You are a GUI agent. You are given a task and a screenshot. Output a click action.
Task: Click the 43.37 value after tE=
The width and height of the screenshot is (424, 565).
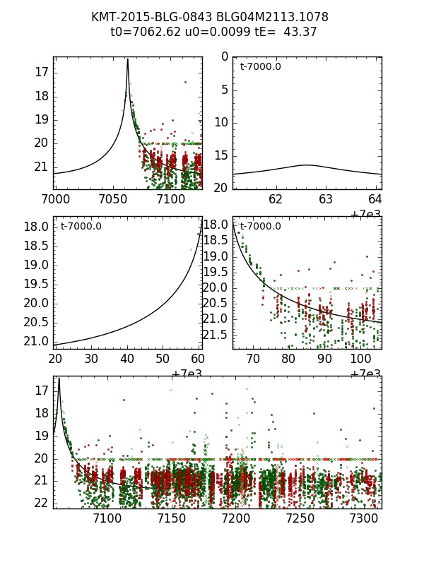click(x=300, y=32)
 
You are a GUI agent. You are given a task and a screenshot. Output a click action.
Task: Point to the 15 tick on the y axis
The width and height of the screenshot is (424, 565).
click(x=220, y=155)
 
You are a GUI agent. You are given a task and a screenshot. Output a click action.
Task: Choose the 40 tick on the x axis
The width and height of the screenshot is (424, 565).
click(x=127, y=359)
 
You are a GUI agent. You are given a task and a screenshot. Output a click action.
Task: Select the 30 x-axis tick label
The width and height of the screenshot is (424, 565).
click(x=91, y=359)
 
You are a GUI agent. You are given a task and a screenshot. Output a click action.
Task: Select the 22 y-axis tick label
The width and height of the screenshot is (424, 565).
click(x=40, y=502)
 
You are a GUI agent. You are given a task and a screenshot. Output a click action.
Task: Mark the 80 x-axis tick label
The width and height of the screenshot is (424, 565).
click(x=288, y=359)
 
